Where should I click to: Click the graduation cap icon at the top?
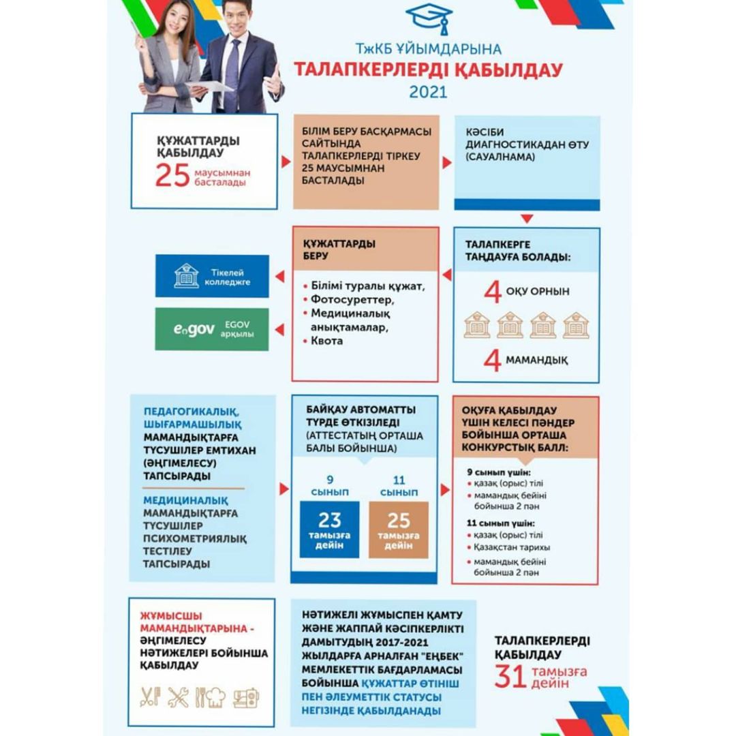[429, 18]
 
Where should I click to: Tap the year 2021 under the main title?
[428, 91]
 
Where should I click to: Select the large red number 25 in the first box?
[172, 176]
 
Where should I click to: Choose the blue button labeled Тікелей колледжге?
[212, 276]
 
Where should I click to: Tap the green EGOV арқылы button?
[212, 329]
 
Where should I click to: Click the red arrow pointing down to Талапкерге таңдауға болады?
[525, 219]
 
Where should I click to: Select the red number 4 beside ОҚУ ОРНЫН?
[492, 292]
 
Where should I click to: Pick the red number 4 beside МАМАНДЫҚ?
[492, 360]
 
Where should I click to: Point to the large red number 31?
[510, 677]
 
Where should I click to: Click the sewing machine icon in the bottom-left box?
[246, 696]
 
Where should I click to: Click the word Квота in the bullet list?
[327, 341]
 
